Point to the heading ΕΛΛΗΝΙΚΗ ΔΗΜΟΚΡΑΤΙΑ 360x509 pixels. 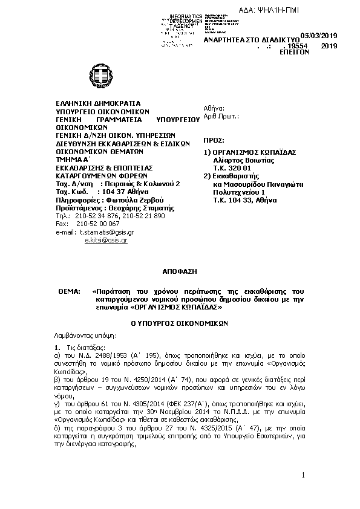coord(97,103)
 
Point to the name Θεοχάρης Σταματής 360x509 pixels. coord(136,207)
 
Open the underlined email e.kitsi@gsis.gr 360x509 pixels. coord(106,240)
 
